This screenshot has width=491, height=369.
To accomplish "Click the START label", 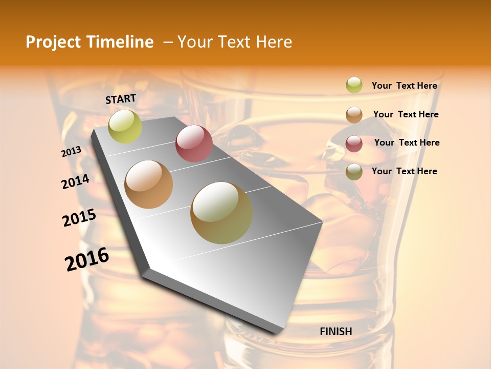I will pyautogui.click(x=121, y=99).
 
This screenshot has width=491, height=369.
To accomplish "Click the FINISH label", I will pyautogui.click(x=336, y=332).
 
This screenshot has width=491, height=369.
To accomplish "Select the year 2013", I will pyautogui.click(x=71, y=152).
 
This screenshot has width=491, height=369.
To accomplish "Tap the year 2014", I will pyautogui.click(x=75, y=181).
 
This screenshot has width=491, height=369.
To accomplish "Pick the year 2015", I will pyautogui.click(x=79, y=218).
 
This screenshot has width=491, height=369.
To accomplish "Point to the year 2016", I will pyautogui.click(x=87, y=259).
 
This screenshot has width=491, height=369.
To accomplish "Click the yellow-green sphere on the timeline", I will pyautogui.click(x=125, y=126).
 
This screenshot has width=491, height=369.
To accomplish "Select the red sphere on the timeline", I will pyautogui.click(x=194, y=143).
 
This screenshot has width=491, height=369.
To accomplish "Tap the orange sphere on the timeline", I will pyautogui.click(x=149, y=184).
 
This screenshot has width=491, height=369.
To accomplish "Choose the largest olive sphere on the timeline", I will pyautogui.click(x=221, y=213).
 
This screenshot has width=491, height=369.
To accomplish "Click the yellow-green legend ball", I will pyautogui.click(x=354, y=86).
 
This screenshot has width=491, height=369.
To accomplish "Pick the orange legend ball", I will pyautogui.click(x=354, y=115).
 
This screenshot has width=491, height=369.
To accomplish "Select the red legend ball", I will pyautogui.click(x=354, y=143).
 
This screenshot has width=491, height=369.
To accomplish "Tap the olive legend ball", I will pyautogui.click(x=354, y=172).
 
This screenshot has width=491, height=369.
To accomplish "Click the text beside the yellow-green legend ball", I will pyautogui.click(x=404, y=86).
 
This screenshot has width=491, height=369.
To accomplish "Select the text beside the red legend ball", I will pyautogui.click(x=407, y=142).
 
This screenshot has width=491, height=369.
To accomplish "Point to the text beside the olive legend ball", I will pyautogui.click(x=404, y=171).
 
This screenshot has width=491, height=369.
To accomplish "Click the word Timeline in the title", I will pyautogui.click(x=122, y=42).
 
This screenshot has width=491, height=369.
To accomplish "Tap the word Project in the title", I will pyautogui.click(x=53, y=42).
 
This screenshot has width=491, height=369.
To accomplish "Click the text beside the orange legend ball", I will pyautogui.click(x=406, y=114).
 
